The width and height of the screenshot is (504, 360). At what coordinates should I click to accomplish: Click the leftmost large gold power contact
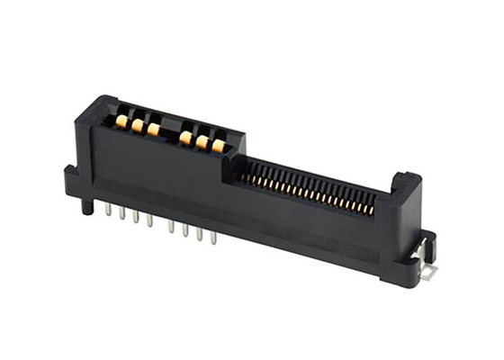pyautogui.click(x=121, y=119)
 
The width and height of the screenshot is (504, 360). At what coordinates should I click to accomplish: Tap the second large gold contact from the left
pyautogui.click(x=138, y=126)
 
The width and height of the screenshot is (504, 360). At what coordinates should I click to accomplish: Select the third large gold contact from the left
pyautogui.click(x=154, y=130)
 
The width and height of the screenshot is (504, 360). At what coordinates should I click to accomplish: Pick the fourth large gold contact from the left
pyautogui.click(x=184, y=138)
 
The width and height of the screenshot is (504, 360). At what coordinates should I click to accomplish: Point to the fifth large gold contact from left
pyautogui.click(x=202, y=142)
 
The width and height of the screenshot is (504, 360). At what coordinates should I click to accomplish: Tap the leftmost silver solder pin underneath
pyautogui.click(x=108, y=210)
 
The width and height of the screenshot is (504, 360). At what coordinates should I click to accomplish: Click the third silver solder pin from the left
pyautogui.click(x=137, y=218)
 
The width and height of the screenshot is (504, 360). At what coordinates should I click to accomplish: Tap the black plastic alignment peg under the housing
pyautogui.click(x=86, y=206)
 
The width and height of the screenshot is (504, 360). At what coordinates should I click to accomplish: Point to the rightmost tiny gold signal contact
pyautogui.click(x=371, y=211)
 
